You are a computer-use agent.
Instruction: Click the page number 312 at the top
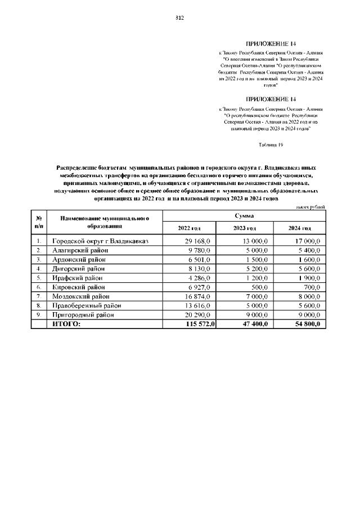pos(180,17)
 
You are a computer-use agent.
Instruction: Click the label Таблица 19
pos(270,145)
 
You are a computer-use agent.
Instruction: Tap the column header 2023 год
pos(245,228)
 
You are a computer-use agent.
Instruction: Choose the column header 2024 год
pos(299,228)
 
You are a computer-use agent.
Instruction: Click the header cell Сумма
pos(245,216)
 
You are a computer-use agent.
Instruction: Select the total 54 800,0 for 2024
pos(307,324)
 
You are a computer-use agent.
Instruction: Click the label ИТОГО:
pos(66,324)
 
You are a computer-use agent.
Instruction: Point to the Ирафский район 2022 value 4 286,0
pos(200,278)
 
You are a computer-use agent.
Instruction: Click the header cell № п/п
pos(39,222)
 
